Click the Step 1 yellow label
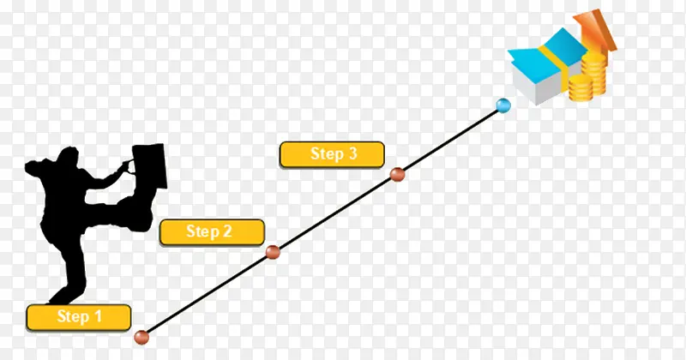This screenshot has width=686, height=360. pyautogui.click(x=79, y=317)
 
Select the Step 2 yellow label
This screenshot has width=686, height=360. pyautogui.click(x=212, y=232)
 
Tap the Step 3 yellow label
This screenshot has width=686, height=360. pyautogui.click(x=332, y=154)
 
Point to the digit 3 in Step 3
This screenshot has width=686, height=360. pyautogui.click(x=352, y=153)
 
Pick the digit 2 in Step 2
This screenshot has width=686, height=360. pyautogui.click(x=226, y=231)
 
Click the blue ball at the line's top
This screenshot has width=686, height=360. pyautogui.click(x=503, y=105)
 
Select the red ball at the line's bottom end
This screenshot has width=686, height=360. pyautogui.click(x=141, y=337)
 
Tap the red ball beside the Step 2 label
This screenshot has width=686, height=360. pyautogui.click(x=273, y=252)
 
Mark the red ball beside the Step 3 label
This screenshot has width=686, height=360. pyautogui.click(x=397, y=174)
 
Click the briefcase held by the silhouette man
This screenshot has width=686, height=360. pyautogui.click(x=149, y=166)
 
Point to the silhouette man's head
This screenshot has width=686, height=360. pyautogui.click(x=68, y=158)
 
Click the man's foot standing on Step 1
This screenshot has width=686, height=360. pyautogui.click(x=63, y=297)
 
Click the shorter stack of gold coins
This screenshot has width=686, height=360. pyautogui.click(x=581, y=87)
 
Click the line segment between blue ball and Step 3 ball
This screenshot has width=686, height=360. pyautogui.click(x=451, y=140)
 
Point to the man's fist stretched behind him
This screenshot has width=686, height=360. pyautogui.click(x=33, y=168)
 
